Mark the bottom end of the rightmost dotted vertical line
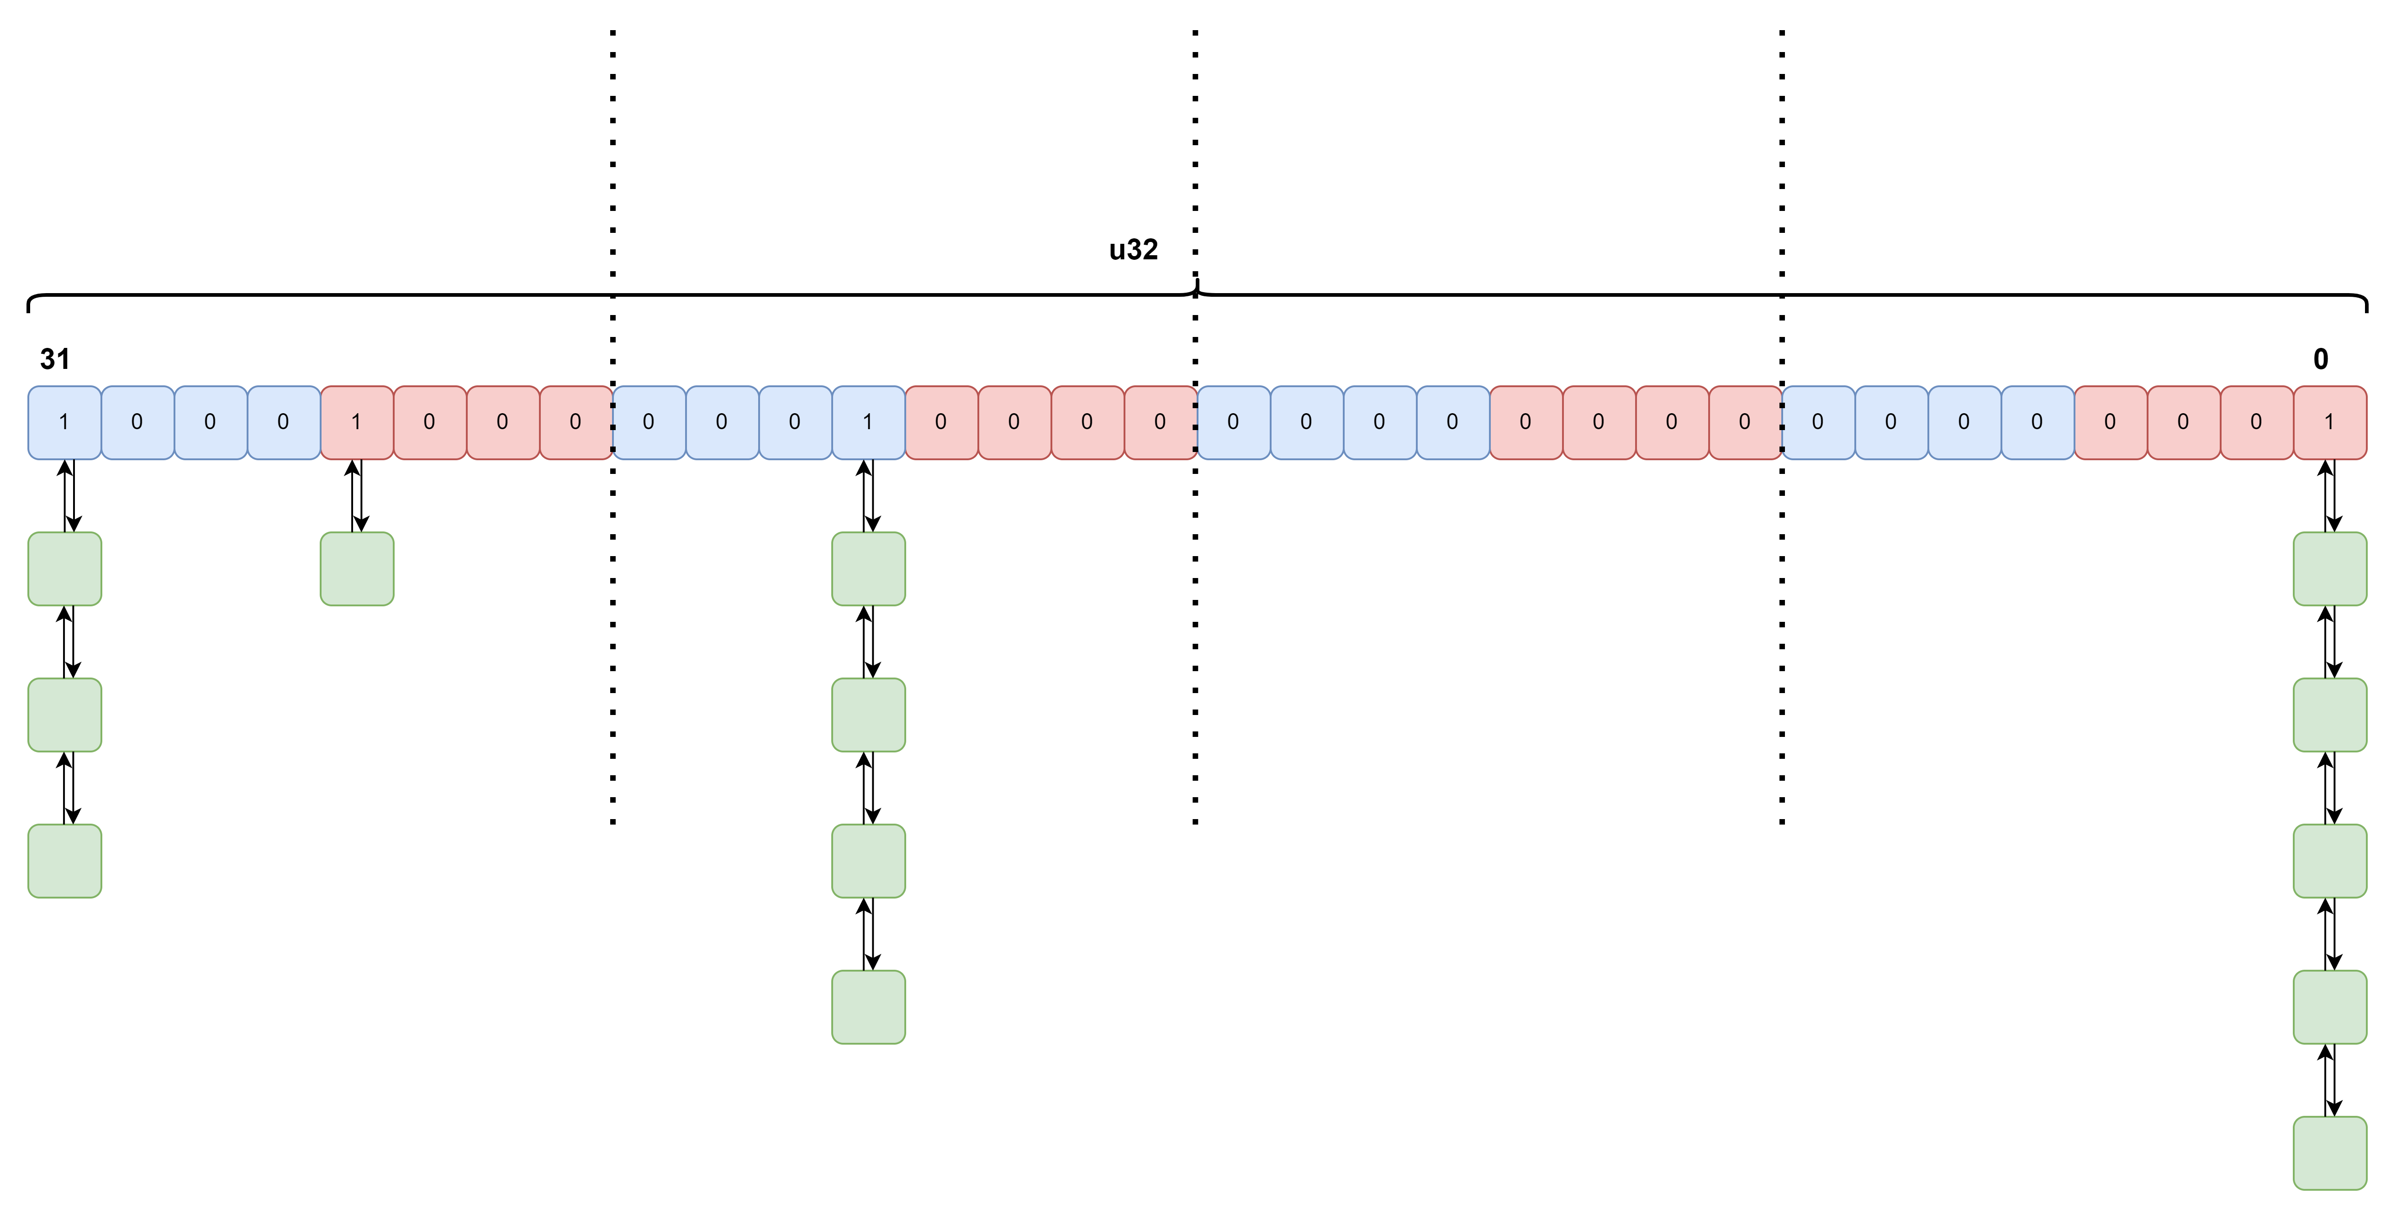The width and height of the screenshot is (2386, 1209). [x=1782, y=822]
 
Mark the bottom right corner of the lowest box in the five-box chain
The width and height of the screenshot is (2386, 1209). [x=2366, y=1189]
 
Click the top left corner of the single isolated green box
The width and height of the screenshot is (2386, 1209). [x=322, y=533]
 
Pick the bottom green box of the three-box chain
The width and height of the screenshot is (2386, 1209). [x=65, y=861]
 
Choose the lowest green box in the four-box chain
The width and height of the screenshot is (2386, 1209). [x=869, y=1007]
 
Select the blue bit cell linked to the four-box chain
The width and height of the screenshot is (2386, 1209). [x=869, y=422]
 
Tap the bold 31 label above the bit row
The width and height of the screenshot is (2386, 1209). [x=55, y=359]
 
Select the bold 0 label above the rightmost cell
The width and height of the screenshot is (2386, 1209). [x=2320, y=359]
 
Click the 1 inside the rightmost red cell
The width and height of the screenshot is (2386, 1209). [x=2328, y=422]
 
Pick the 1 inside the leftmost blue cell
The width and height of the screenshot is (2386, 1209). [x=64, y=422]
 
